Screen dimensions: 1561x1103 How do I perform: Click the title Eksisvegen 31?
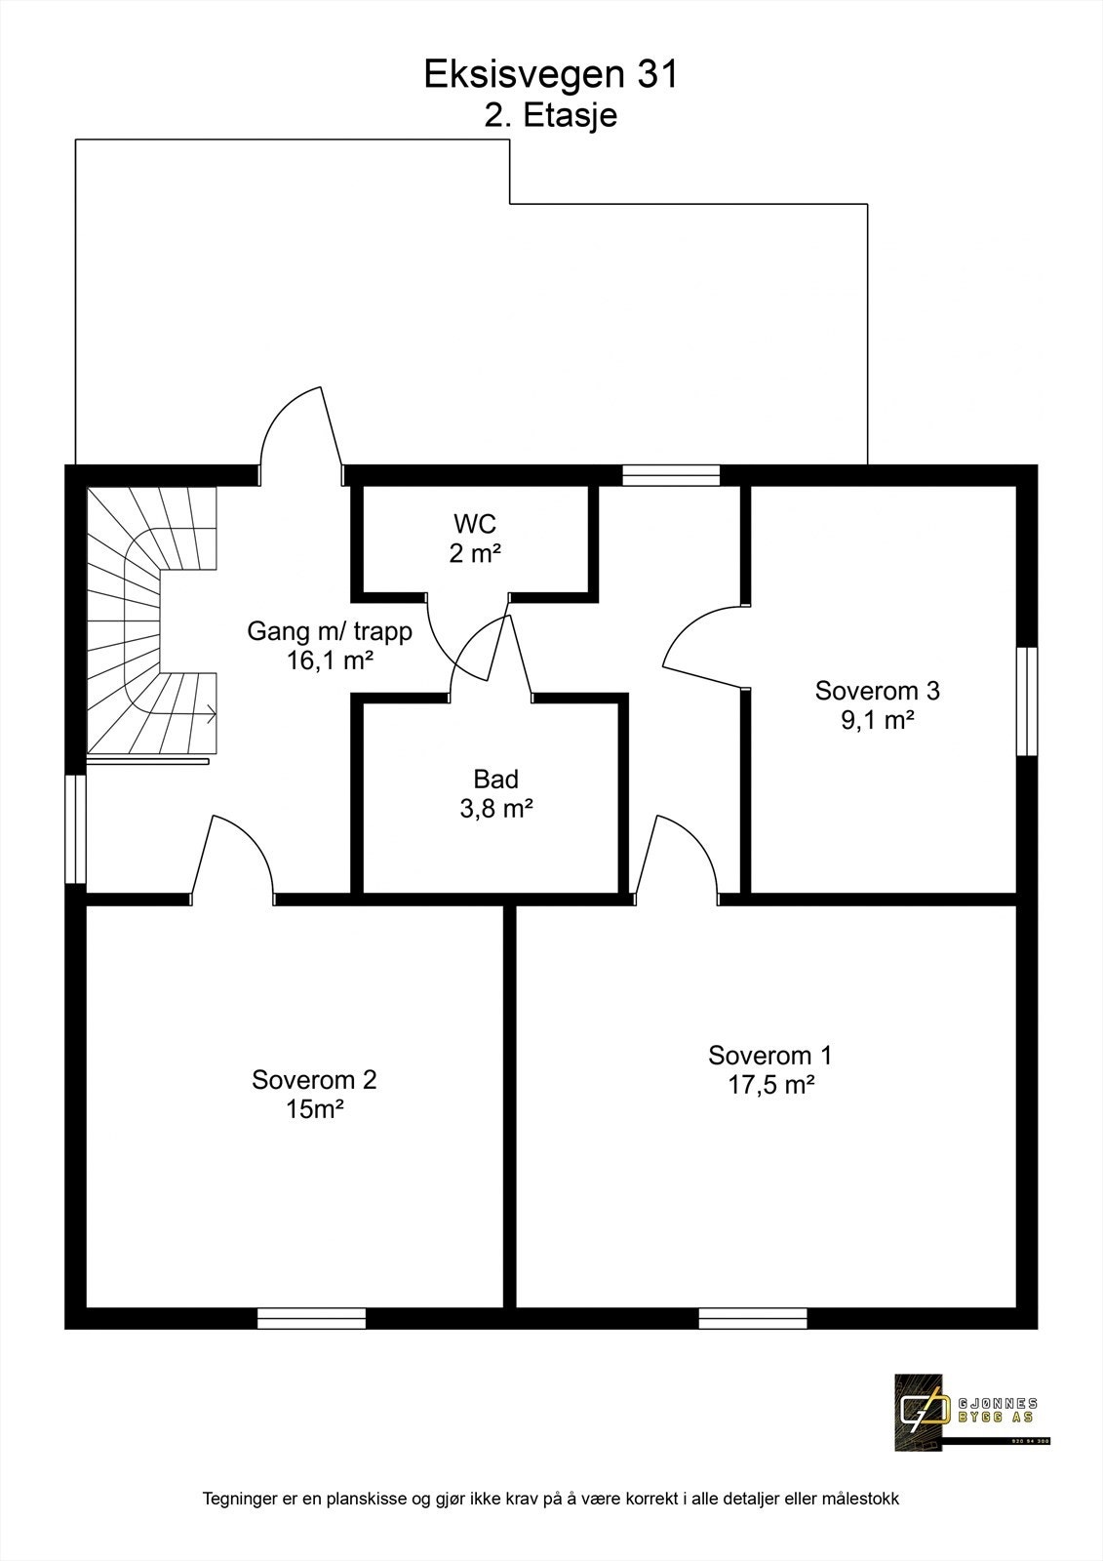[x=550, y=75]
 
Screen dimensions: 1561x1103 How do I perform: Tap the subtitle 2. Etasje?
[x=550, y=116]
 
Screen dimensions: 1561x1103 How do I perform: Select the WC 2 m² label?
[x=475, y=539]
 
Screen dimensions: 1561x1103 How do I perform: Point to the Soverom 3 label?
[x=877, y=704]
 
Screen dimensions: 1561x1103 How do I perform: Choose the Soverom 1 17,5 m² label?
[x=770, y=1069]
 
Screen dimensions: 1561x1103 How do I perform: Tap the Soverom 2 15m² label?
[x=314, y=1094]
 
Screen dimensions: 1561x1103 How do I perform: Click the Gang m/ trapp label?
[x=330, y=645]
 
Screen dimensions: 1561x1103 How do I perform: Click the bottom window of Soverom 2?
[x=311, y=1318]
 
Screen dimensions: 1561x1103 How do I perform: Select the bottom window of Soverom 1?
[x=752, y=1318]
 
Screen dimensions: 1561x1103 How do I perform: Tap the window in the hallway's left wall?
[x=75, y=828]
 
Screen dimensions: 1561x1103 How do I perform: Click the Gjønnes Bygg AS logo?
[x=970, y=1411]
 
